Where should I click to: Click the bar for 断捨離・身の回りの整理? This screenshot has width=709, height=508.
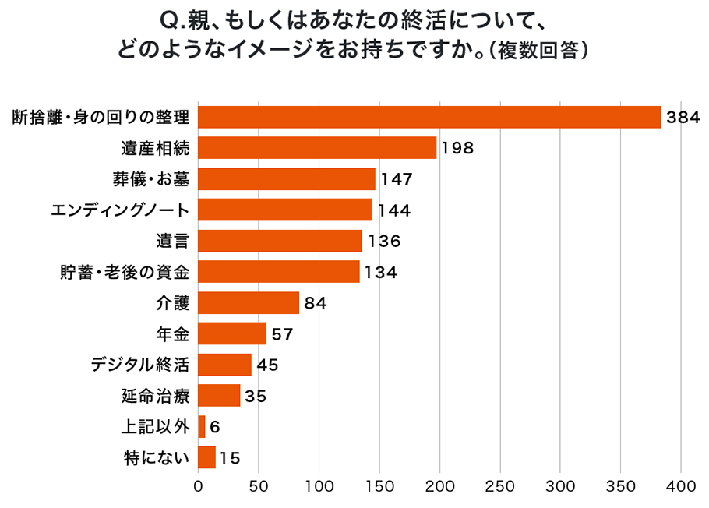(429, 117)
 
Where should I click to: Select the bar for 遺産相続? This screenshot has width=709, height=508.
(317, 147)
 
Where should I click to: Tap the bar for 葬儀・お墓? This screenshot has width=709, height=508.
(287, 178)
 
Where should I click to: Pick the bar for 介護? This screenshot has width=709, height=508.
(249, 302)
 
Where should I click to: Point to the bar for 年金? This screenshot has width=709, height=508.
(232, 333)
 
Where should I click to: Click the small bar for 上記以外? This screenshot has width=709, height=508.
(202, 426)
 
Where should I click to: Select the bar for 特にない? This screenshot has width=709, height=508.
(206, 457)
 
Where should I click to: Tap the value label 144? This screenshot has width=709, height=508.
(394, 210)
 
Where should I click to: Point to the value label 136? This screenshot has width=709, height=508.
(384, 242)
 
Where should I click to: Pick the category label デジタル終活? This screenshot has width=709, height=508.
(140, 365)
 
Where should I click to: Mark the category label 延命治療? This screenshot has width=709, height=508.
(157, 396)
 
